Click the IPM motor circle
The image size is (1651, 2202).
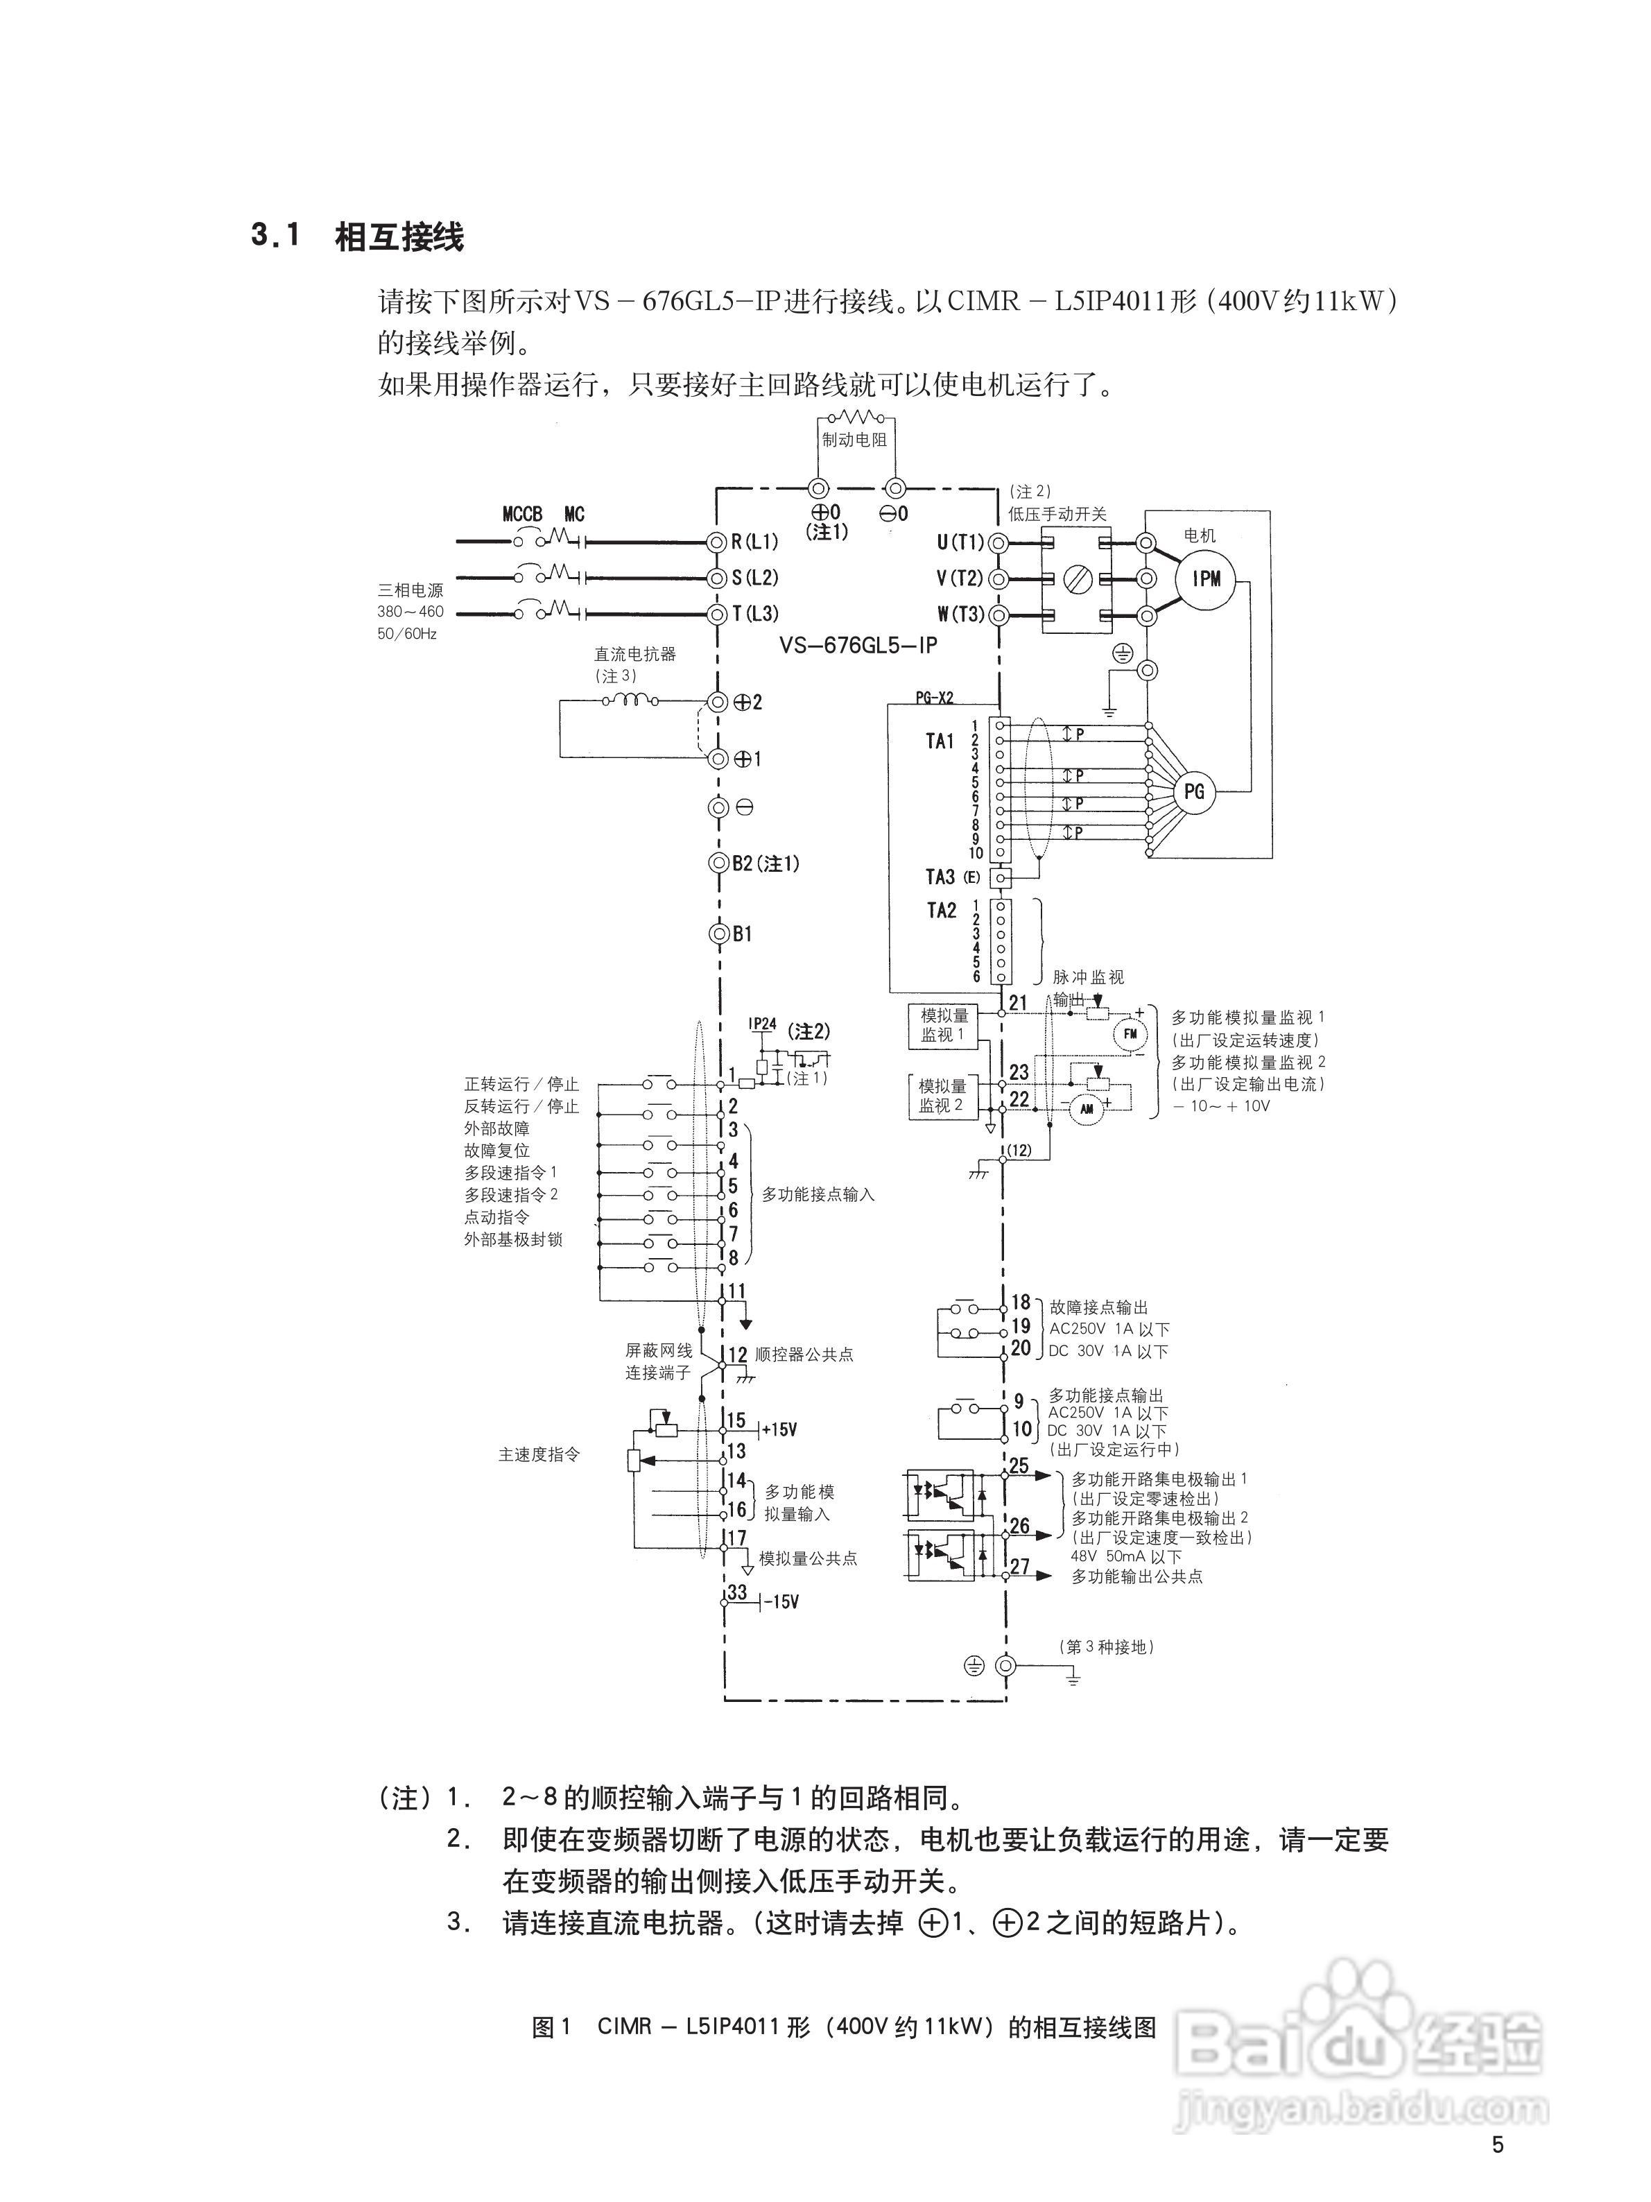(x=1206, y=578)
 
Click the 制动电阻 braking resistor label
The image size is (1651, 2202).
(x=854, y=439)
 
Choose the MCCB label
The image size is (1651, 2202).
(x=522, y=514)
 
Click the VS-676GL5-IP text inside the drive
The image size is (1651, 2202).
(x=858, y=645)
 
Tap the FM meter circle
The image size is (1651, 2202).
(x=1130, y=1034)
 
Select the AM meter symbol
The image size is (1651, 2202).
(x=1087, y=1109)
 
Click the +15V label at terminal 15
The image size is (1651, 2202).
(x=779, y=1429)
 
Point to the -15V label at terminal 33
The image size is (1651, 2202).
(x=781, y=1603)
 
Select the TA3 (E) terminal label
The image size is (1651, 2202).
(x=952, y=877)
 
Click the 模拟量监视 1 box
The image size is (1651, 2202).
(x=942, y=1025)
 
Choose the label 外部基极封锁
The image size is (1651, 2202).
(x=514, y=1239)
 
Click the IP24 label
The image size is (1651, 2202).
(x=762, y=1024)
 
